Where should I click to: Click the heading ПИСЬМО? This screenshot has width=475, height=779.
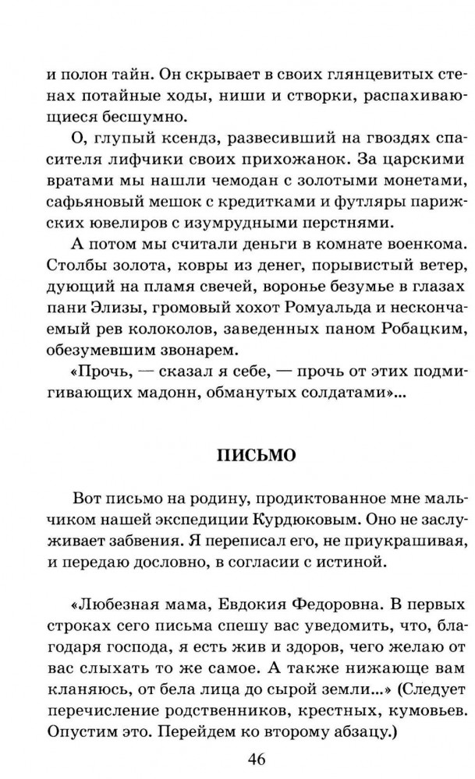[255, 453]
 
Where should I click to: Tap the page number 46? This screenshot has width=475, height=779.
[257, 758]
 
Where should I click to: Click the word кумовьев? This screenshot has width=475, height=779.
[422, 706]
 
